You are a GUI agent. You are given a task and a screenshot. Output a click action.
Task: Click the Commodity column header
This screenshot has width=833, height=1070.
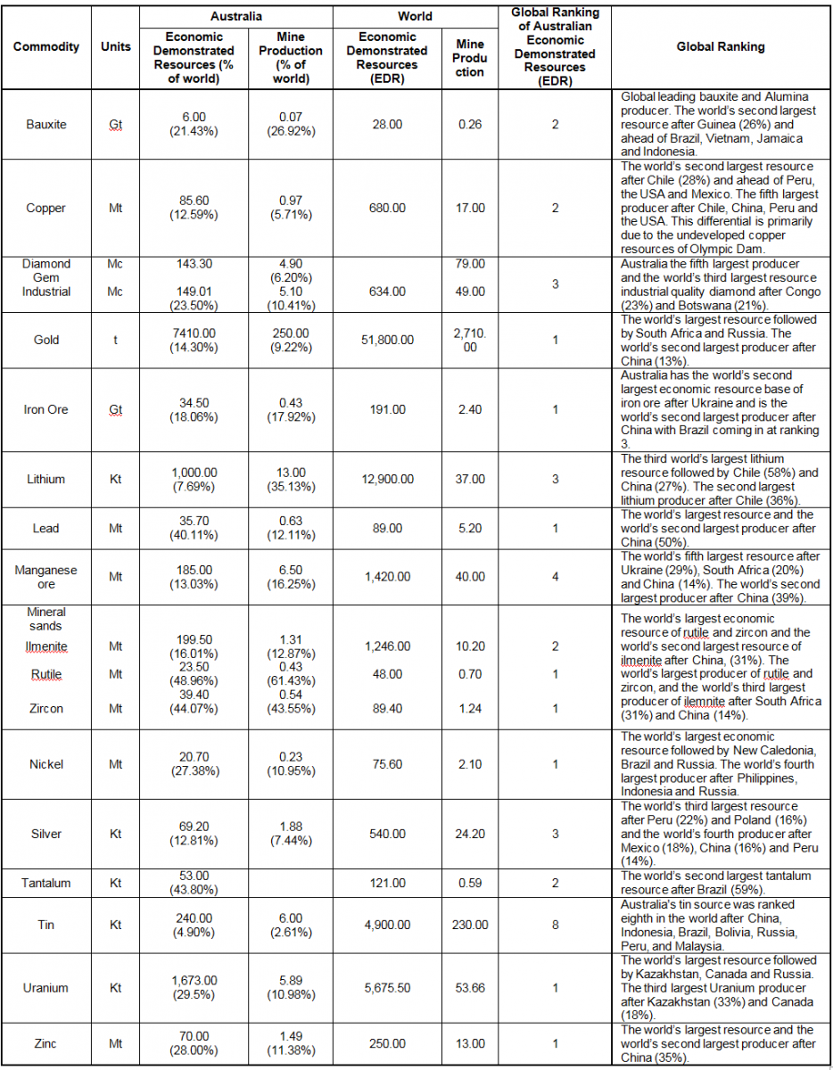[x=46, y=47]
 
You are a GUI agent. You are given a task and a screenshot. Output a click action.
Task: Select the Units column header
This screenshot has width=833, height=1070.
[x=115, y=47]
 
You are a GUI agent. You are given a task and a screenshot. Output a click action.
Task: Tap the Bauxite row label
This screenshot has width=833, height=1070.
[x=46, y=125]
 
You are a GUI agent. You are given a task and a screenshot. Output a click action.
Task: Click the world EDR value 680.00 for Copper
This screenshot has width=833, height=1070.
[x=387, y=208]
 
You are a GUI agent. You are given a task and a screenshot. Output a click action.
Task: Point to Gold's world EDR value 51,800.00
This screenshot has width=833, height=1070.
[x=387, y=340]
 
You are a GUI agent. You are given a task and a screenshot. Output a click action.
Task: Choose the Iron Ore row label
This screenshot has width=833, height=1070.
[x=46, y=410]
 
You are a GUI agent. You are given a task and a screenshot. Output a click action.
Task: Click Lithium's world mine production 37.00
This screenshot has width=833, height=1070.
[x=470, y=480]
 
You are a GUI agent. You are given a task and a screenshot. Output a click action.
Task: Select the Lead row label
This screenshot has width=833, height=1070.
[x=46, y=529]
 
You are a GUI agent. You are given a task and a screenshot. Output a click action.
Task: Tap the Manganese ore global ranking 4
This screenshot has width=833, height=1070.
[x=555, y=577]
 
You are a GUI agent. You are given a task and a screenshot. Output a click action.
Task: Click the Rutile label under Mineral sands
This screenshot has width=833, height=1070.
[x=46, y=675]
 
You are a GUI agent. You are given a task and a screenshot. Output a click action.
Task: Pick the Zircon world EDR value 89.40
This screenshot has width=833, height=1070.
[x=387, y=709]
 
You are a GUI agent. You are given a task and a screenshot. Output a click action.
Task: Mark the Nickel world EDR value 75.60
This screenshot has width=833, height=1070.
[x=387, y=764]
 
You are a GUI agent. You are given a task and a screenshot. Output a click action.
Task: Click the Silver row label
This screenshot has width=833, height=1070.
[x=46, y=835]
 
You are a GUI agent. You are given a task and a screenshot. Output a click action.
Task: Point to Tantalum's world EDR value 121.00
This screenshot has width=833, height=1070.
[x=387, y=884]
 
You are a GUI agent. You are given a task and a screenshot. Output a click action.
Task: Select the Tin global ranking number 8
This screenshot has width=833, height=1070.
[x=555, y=926]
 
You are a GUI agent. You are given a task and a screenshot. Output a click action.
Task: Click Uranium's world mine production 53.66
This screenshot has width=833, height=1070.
[x=470, y=988]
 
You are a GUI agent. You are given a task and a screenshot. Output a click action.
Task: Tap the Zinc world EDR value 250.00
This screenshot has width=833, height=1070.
[x=387, y=1044]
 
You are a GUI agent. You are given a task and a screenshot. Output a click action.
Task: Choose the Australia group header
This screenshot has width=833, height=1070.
[x=235, y=16]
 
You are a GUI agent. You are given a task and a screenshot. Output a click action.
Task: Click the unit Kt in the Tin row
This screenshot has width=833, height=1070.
[x=115, y=926]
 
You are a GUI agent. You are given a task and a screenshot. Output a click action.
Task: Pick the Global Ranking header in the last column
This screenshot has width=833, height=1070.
[x=720, y=47]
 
